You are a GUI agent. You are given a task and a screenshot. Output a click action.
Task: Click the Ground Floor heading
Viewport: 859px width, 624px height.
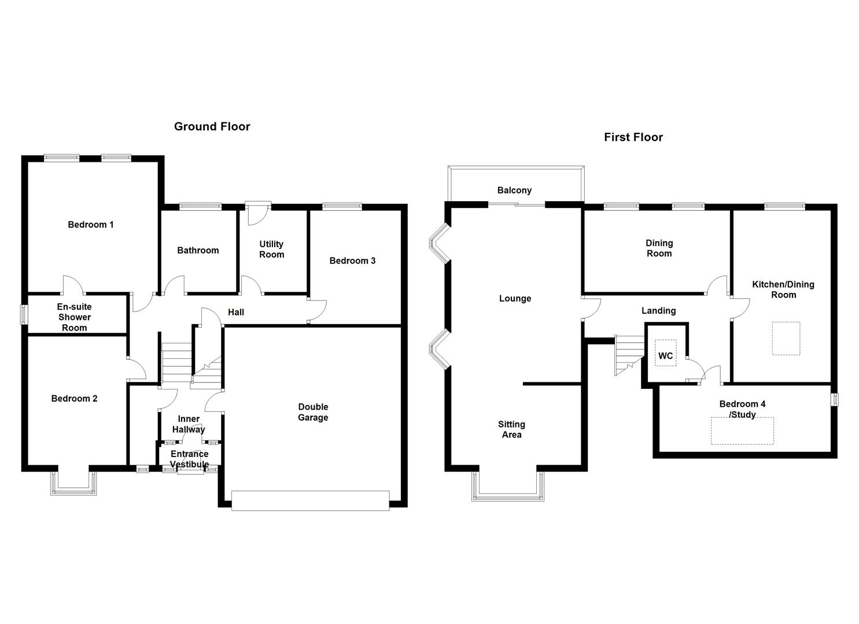pyautogui.click(x=212, y=127)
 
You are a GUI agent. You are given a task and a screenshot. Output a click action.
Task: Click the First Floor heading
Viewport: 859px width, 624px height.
pyautogui.click(x=633, y=137)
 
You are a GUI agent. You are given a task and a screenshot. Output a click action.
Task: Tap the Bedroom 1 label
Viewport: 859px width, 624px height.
pyautogui.click(x=91, y=225)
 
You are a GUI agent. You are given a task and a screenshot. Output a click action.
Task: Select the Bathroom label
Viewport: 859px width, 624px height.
pyautogui.click(x=198, y=250)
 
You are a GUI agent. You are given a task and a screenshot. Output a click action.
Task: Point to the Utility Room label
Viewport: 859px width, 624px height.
pyautogui.click(x=271, y=249)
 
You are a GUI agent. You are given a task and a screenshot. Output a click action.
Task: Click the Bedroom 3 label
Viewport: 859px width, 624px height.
pyautogui.click(x=352, y=261)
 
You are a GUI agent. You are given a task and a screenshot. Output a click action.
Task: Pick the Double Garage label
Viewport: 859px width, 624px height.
pyautogui.click(x=313, y=412)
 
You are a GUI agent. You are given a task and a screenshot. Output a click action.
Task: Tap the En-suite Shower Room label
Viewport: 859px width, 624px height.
pyautogui.click(x=74, y=317)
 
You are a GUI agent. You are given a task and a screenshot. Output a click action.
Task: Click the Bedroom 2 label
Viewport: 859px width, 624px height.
pyautogui.click(x=74, y=399)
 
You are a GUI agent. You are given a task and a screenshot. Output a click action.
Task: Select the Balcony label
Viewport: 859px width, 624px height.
pyautogui.click(x=514, y=190)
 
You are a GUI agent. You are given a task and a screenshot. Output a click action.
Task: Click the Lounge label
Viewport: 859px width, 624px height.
pyautogui.click(x=515, y=299)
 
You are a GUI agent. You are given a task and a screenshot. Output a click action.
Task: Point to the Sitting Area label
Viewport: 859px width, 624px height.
pyautogui.click(x=511, y=429)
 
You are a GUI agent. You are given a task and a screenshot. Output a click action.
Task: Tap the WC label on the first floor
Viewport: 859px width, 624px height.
pyautogui.click(x=665, y=356)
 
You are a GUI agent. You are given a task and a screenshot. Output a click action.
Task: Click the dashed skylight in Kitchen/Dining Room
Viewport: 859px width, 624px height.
pyautogui.click(x=786, y=339)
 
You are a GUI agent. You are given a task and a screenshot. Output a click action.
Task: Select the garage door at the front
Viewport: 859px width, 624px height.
pyautogui.click(x=310, y=500)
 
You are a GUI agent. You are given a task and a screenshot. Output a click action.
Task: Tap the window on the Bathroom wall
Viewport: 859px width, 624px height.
pyautogui.click(x=200, y=206)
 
